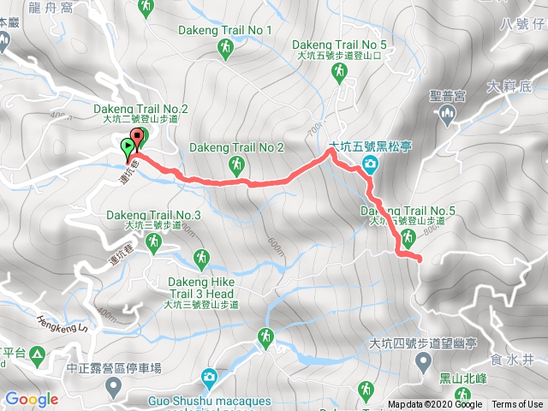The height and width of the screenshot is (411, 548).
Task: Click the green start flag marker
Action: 128,147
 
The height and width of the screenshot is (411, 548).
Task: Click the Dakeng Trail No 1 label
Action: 225,31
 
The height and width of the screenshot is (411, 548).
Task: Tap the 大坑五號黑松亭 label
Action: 370,146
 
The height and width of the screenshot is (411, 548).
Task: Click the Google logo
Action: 31,399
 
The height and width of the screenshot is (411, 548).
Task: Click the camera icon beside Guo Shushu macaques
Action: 209,376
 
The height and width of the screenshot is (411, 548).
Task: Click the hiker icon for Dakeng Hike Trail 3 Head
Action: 201,256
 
